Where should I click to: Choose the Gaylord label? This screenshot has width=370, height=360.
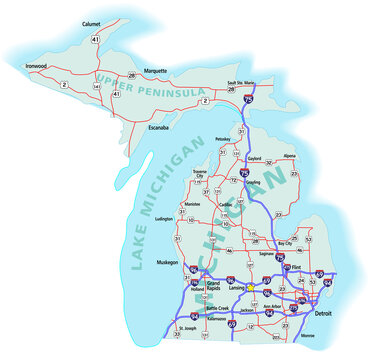(x=255, y=157)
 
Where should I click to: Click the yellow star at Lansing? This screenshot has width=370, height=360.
(x=252, y=293)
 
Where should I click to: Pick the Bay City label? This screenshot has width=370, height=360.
(x=284, y=243)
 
